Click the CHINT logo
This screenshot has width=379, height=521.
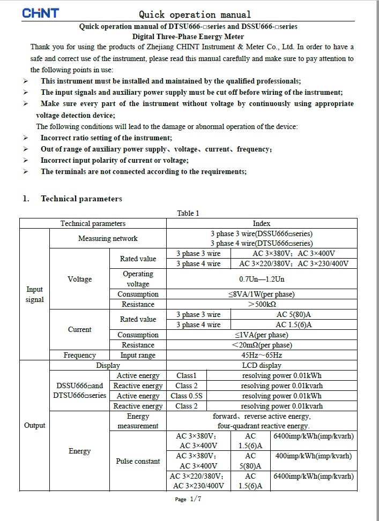(x=40, y=13)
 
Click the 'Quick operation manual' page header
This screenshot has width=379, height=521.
(x=195, y=14)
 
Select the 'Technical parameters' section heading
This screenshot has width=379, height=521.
(x=81, y=199)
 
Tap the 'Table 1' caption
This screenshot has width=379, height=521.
(x=188, y=213)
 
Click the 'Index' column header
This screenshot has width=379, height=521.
(x=262, y=223)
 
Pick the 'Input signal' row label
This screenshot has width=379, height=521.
(x=34, y=295)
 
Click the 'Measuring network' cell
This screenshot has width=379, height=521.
(x=108, y=238)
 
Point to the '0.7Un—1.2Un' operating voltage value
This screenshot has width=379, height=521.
(x=262, y=279)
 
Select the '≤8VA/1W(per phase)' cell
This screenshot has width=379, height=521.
(x=262, y=294)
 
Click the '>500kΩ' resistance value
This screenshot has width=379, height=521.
(x=262, y=304)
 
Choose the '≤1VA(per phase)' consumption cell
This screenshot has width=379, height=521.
(x=262, y=335)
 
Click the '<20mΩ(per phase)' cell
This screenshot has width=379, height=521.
(x=262, y=345)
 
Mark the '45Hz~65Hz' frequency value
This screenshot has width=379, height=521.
(x=262, y=355)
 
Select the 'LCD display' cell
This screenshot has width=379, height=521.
(x=262, y=365)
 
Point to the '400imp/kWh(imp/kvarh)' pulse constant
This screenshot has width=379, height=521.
(x=314, y=456)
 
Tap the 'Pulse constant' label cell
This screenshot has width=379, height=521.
(x=138, y=461)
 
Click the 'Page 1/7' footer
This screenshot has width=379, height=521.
(x=188, y=499)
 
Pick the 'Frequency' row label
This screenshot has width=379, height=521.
(x=79, y=355)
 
